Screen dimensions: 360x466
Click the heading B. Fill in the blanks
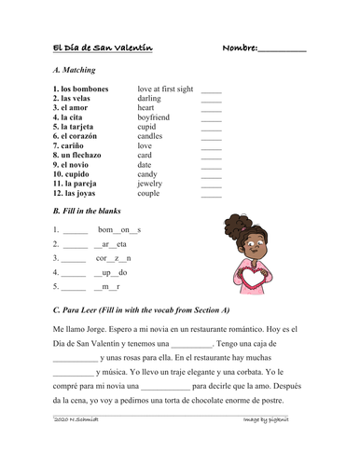pos(93,212)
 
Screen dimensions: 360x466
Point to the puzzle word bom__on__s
pos(118,229)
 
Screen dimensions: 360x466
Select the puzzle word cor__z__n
pos(114,258)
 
